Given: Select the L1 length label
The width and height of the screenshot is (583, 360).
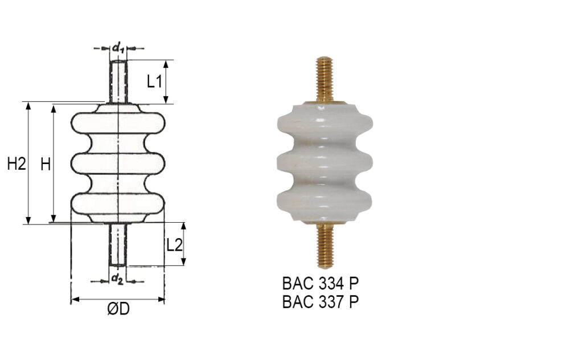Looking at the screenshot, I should [154, 81].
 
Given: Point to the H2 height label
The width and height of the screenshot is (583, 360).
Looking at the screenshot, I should [17, 165].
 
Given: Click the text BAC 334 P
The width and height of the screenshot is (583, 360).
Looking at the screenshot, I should [321, 283].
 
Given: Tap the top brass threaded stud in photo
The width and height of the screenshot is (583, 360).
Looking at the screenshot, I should [325, 79].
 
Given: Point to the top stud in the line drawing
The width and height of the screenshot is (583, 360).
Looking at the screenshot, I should [118, 80].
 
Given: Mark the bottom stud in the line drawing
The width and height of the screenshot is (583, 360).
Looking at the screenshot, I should [117, 245].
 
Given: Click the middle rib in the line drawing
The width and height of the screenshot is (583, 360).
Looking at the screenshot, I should [117, 163].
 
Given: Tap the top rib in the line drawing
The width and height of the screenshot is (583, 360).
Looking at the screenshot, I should [117, 123].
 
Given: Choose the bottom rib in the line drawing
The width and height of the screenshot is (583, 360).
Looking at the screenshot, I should [117, 204].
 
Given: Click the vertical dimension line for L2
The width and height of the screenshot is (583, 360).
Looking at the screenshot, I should [183, 245].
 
